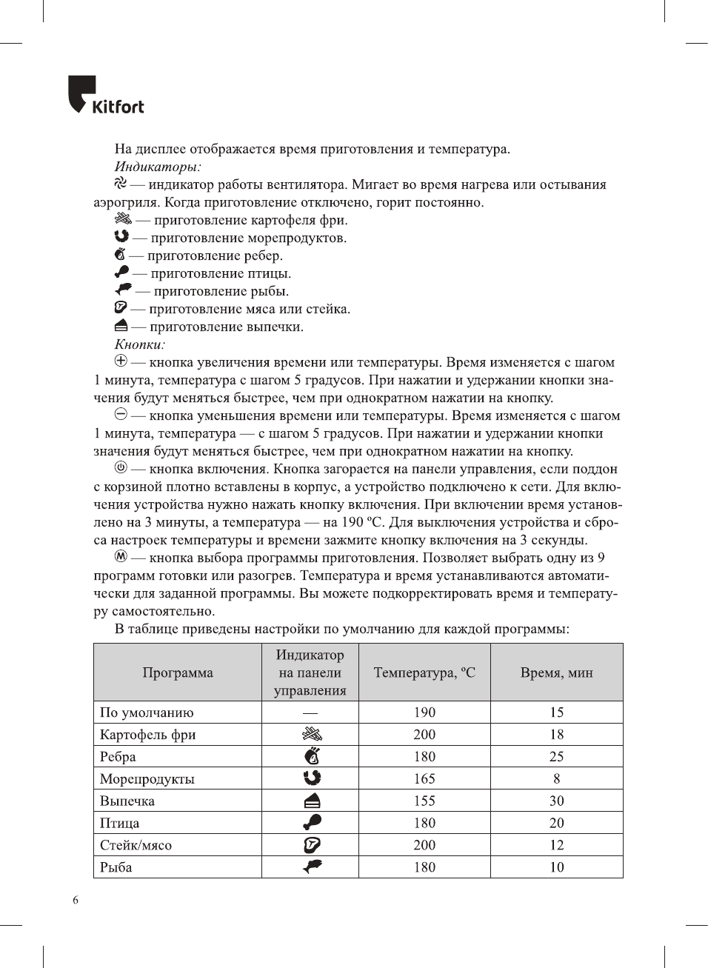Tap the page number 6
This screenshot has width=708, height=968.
tap(76, 900)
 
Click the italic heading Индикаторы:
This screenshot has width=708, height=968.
tap(158, 167)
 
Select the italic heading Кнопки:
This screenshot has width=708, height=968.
tap(140, 344)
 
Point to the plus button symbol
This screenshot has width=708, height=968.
tap(121, 361)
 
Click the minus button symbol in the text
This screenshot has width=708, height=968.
tap(121, 415)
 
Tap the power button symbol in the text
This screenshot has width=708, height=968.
tap(121, 468)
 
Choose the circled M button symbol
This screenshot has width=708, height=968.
tap(121, 557)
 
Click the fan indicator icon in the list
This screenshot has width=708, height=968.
tap(121, 184)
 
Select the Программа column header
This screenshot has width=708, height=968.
tap(178, 672)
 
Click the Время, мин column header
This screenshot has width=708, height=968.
tap(557, 672)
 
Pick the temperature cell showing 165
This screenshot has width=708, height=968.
tap(424, 778)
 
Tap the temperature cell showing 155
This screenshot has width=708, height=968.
tap(424, 801)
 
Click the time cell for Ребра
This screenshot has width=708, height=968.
tap(557, 756)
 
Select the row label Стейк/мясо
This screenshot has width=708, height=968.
tap(136, 845)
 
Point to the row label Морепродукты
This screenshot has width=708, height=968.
tap(147, 778)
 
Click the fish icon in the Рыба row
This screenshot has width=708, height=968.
tap(312, 867)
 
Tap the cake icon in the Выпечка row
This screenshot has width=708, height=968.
tap(312, 801)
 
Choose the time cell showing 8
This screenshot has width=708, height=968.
tap(557, 778)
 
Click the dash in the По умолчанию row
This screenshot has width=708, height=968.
tap(310, 712)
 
